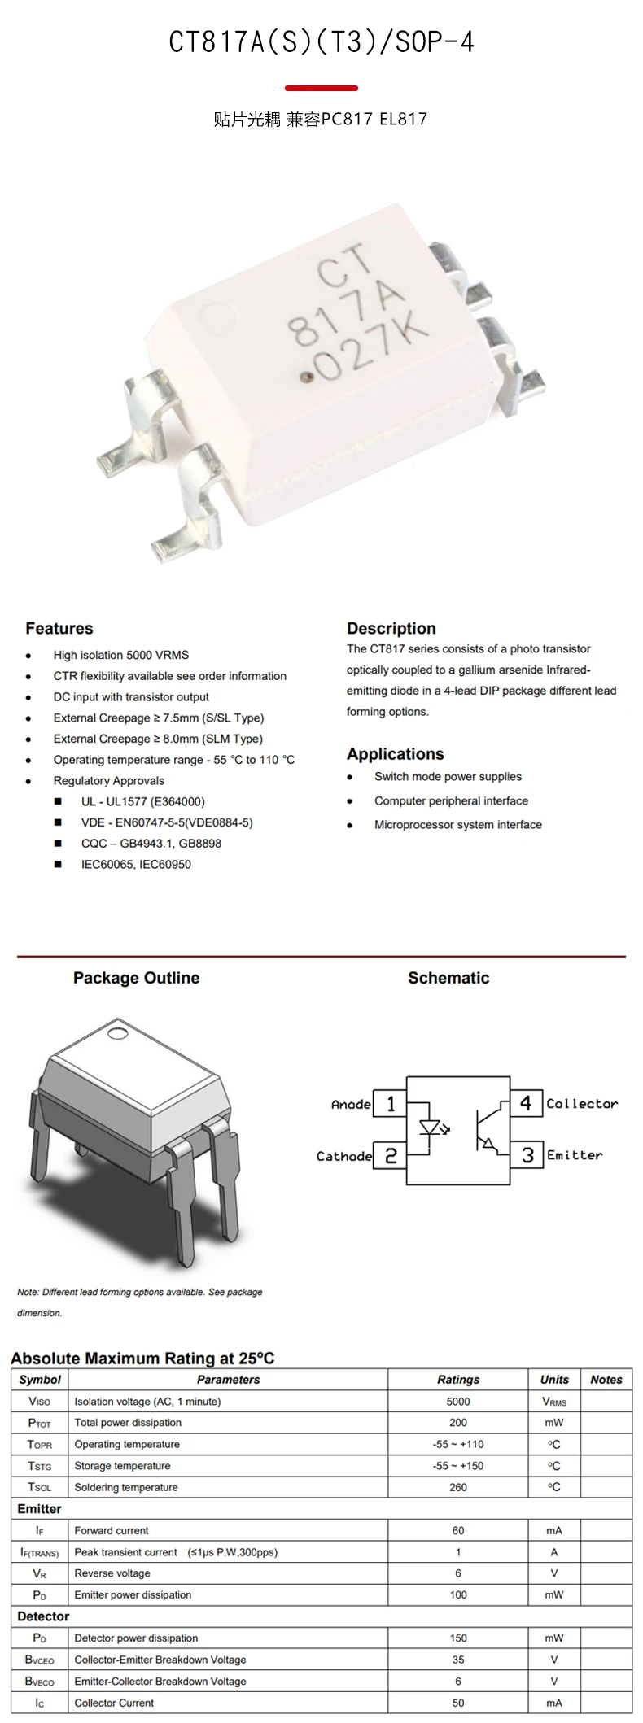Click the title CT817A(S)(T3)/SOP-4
coord(321,42)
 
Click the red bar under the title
coord(321,88)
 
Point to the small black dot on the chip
coord(307,377)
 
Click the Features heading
coord(59,628)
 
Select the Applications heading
coord(395,754)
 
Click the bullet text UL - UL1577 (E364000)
coord(143,801)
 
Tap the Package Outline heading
coord(136,978)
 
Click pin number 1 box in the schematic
coord(391,1104)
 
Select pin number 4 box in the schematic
coord(526,1103)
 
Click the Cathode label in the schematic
coord(343,1156)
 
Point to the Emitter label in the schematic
coord(575,1155)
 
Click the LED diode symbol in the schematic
coord(431,1128)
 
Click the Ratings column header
coord(458,1380)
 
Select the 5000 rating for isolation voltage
coord(458,1402)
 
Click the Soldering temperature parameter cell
coord(126,1487)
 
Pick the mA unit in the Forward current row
coord(554,1530)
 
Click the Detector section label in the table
coord(43,1616)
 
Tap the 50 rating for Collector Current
coord(458,1703)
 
